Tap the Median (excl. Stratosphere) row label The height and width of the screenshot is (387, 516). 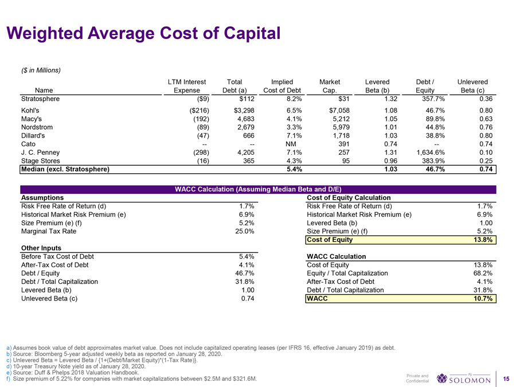(64, 170)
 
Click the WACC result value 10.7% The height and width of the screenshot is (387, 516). (482, 299)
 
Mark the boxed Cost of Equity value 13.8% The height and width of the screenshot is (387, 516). (482, 240)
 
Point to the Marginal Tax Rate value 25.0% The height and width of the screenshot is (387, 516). (243, 232)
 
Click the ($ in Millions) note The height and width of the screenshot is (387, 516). (40, 71)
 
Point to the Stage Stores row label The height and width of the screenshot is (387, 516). (41, 162)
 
